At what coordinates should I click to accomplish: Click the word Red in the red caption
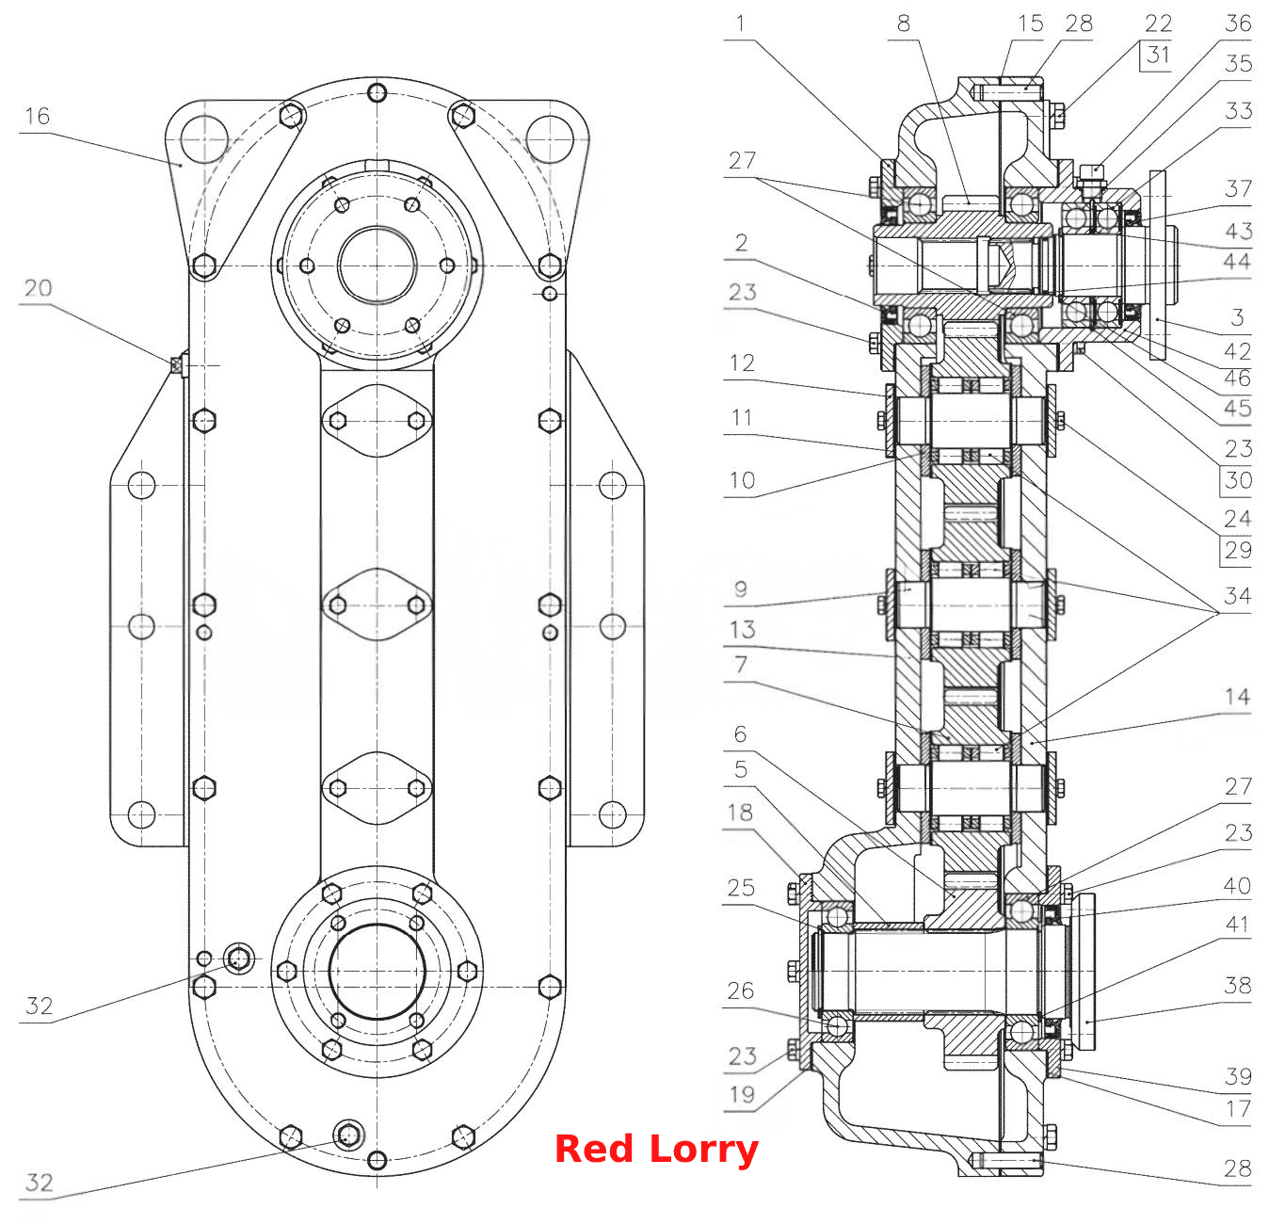pos(593,1149)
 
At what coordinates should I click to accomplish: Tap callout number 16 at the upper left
pos(37,116)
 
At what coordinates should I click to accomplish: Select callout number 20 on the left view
pos(38,288)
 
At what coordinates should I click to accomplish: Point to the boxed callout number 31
pos(1158,55)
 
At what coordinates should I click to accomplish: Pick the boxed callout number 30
pos(1238,480)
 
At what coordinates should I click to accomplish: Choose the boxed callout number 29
pos(1238,550)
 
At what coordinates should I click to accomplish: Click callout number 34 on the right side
pos(1237,595)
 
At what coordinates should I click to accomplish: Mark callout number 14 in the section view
pos(1237,697)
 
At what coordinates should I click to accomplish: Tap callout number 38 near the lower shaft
pos(1237,986)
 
